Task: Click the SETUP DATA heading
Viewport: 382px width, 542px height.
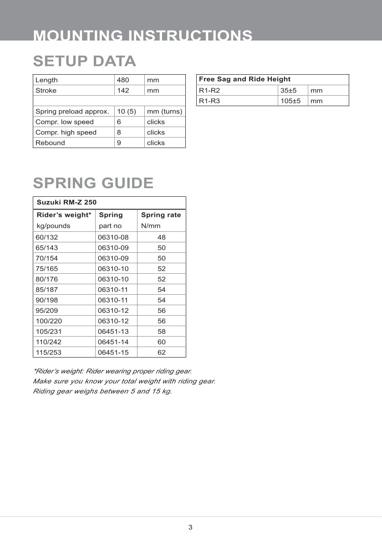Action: pyautogui.click(x=84, y=61)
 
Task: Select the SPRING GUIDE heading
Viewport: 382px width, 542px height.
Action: pyautogui.click(x=93, y=183)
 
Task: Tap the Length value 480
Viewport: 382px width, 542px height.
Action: pyautogui.click(x=123, y=80)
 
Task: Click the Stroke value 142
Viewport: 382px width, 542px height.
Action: pyautogui.click(x=123, y=91)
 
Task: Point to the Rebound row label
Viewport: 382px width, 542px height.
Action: pyautogui.click(x=50, y=143)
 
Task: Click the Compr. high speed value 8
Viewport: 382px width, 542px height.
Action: pyautogui.click(x=119, y=133)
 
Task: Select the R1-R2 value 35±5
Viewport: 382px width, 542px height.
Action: pyautogui.click(x=288, y=91)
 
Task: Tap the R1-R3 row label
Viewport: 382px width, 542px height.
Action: pyautogui.click(x=209, y=101)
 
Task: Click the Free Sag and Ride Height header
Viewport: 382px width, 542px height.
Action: pyautogui.click(x=244, y=79)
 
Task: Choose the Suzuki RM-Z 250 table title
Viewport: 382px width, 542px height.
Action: pyautogui.click(x=66, y=202)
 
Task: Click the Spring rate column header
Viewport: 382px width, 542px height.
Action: pyautogui.click(x=161, y=215)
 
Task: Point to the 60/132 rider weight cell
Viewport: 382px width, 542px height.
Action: pyautogui.click(x=47, y=237)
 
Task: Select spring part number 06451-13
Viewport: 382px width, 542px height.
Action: pyautogui.click(x=113, y=332)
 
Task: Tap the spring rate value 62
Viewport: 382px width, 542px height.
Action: pyautogui.click(x=162, y=353)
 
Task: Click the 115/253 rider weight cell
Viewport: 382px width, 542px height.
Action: pyautogui.click(x=49, y=353)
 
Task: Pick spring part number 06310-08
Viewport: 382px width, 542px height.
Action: pyautogui.click(x=113, y=237)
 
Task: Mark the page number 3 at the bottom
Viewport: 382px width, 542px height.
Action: pyautogui.click(x=190, y=527)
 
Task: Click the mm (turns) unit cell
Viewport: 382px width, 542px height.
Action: pyautogui.click(x=164, y=112)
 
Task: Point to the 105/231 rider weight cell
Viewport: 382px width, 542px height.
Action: pyautogui.click(x=49, y=332)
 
